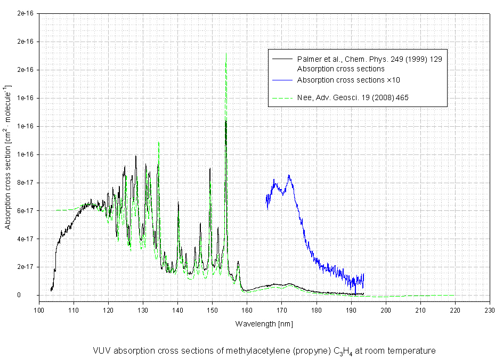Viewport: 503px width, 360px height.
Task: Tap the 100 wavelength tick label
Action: (39, 310)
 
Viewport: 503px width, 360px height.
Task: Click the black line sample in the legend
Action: (283, 58)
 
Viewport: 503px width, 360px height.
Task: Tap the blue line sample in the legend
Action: (283, 80)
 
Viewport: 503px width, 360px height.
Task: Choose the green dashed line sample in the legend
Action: (283, 97)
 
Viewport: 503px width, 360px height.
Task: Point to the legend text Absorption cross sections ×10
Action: (348, 80)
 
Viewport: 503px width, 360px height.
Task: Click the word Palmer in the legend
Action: (307, 58)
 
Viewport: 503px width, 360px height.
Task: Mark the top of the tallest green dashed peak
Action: (226, 53)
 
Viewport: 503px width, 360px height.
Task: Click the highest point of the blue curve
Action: (289, 175)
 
